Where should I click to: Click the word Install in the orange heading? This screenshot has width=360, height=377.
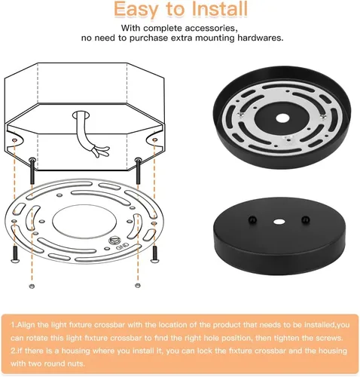(x=220, y=9)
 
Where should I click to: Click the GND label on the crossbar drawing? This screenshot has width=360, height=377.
(x=123, y=246)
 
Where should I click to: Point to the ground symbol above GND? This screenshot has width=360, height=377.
(x=114, y=241)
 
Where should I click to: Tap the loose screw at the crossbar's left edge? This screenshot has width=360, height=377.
(x=15, y=254)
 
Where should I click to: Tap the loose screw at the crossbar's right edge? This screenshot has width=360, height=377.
(x=154, y=254)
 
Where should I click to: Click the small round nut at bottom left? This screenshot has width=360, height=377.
(x=32, y=286)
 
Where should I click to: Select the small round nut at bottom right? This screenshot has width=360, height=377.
(x=137, y=285)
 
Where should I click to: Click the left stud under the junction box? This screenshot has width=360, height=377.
(x=32, y=170)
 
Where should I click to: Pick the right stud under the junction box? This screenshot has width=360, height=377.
(x=138, y=170)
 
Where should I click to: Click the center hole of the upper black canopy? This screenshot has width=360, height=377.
(x=282, y=118)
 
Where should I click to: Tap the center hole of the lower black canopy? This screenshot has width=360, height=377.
(x=279, y=222)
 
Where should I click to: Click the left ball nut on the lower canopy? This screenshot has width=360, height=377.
(x=252, y=220)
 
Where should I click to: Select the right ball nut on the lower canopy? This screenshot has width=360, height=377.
(x=305, y=219)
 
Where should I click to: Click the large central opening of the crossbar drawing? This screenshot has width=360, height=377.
(x=84, y=221)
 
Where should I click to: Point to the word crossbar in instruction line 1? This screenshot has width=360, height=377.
(x=109, y=325)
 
